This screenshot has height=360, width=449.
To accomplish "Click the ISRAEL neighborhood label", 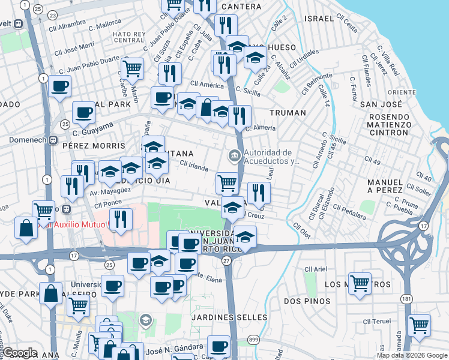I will [319, 18].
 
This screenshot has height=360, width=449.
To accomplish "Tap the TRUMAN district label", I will [288, 112].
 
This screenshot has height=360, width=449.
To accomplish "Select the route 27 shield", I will [226, 260].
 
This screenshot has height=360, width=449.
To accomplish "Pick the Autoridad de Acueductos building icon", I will [234, 157].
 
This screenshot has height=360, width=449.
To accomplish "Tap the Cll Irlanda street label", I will [193, 167].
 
